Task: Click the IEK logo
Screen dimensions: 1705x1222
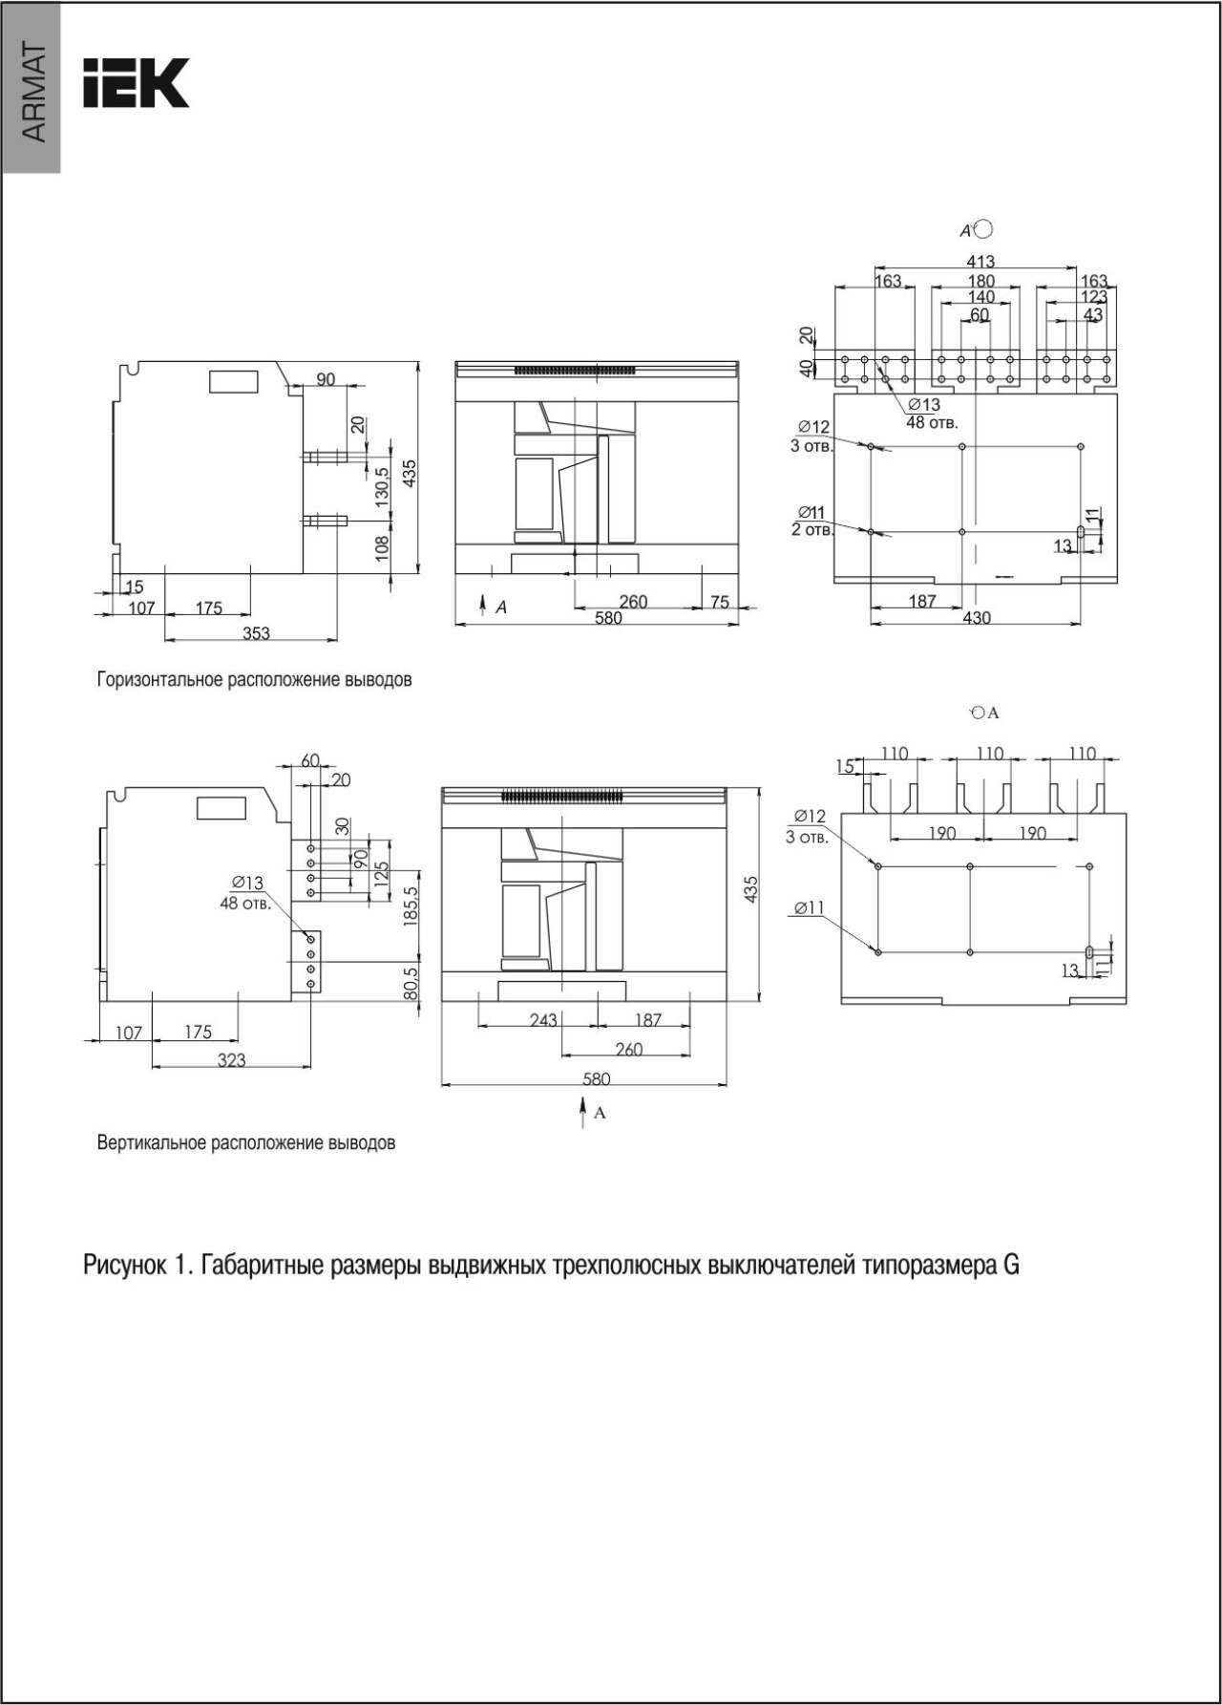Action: [x=136, y=83]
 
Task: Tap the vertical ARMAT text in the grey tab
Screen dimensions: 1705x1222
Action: [x=33, y=93]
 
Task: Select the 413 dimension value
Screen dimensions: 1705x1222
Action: [x=980, y=261]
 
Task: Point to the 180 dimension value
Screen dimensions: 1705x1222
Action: [x=980, y=281]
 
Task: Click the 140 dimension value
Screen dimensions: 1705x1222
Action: [x=980, y=297]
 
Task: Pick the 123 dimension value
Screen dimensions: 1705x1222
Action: [x=1094, y=297]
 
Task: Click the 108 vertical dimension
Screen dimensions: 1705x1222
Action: [x=382, y=547]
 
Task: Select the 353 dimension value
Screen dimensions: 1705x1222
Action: [x=256, y=632]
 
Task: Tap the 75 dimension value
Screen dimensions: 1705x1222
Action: [x=720, y=602]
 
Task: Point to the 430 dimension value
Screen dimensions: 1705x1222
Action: [x=977, y=618]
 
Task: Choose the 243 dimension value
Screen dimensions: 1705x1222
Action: [x=543, y=1020]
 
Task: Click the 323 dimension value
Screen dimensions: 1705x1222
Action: [x=232, y=1059]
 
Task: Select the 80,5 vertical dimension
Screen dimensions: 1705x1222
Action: [x=411, y=985]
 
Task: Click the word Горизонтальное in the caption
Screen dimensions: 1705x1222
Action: [x=160, y=680]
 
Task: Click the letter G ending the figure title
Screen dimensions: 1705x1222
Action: [x=1011, y=1265]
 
